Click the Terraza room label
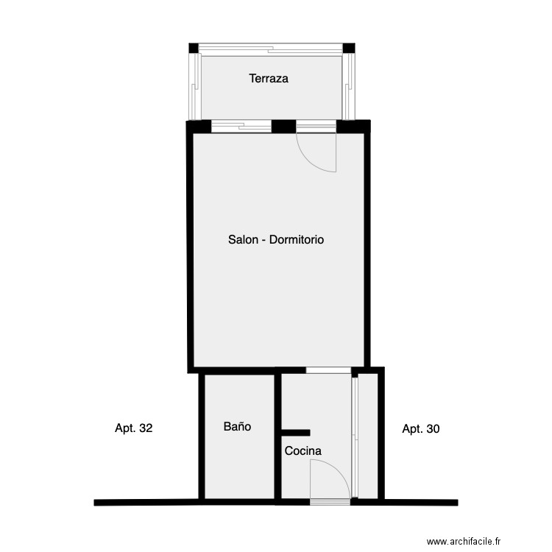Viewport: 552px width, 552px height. (x=268, y=78)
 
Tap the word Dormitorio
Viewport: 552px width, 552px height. (x=297, y=240)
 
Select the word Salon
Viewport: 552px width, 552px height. (x=243, y=240)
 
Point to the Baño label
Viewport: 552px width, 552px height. (x=237, y=426)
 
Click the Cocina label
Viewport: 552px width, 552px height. (x=302, y=451)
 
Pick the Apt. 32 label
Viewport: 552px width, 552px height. (x=134, y=428)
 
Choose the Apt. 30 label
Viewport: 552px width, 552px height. (x=421, y=428)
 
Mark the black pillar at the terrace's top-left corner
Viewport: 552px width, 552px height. (x=194, y=49)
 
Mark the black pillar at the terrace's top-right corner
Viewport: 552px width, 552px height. (x=349, y=49)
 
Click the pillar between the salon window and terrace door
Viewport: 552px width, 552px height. (x=283, y=126)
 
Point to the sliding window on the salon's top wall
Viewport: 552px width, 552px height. (x=241, y=127)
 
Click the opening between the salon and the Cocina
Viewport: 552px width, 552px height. (x=328, y=370)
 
